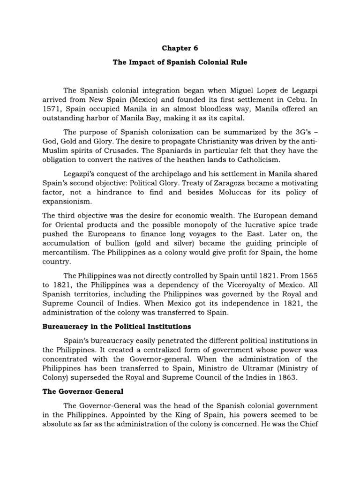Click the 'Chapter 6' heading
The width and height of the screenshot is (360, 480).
[180, 48]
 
